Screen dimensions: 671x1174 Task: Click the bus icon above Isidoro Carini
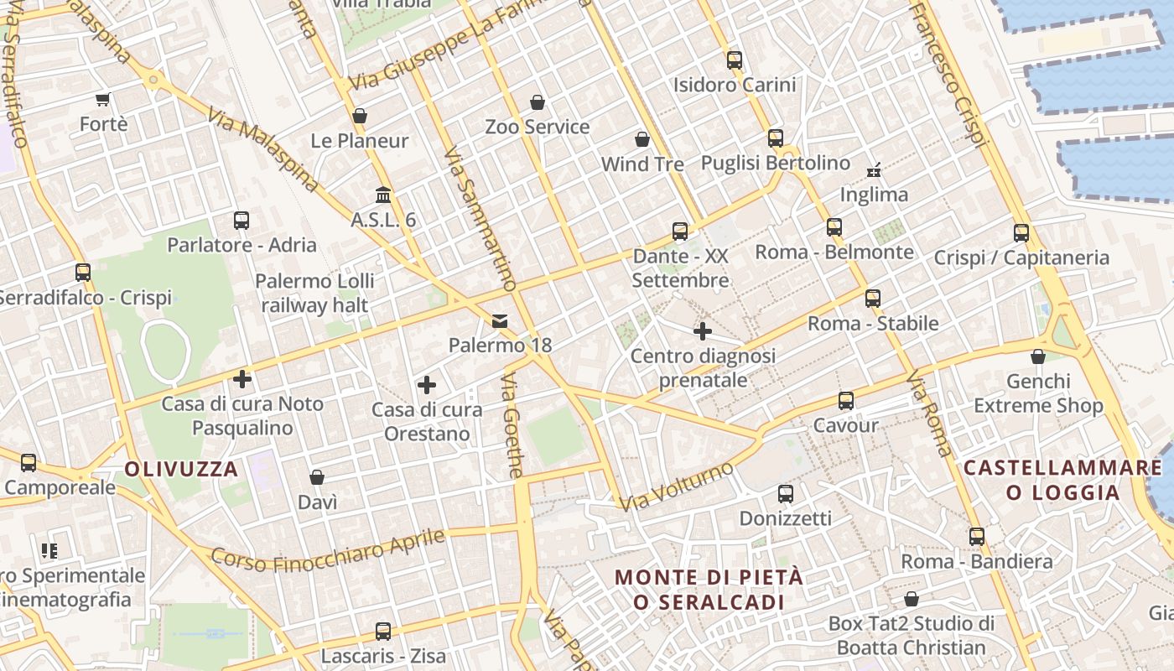tap(735, 60)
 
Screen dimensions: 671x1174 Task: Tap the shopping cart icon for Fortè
tap(103, 100)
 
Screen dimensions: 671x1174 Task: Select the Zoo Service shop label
tap(538, 127)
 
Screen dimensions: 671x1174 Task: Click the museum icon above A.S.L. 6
tap(383, 195)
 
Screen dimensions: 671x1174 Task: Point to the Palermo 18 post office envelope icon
tap(500, 320)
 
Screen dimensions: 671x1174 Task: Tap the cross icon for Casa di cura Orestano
tap(427, 385)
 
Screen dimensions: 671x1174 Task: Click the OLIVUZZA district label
tap(182, 470)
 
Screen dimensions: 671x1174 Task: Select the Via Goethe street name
tap(512, 425)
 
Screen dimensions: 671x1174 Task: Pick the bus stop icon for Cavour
tap(846, 401)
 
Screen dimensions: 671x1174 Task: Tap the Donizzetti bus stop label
tap(785, 518)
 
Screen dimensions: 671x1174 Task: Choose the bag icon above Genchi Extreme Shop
tap(1038, 356)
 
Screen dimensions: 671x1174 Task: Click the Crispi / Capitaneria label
tap(1021, 257)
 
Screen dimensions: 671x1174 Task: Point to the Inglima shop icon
tap(874, 170)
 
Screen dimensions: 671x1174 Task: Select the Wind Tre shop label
tap(642, 164)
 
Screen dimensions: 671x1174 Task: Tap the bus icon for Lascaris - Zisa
tap(383, 631)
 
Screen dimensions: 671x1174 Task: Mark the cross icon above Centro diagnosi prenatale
tap(703, 331)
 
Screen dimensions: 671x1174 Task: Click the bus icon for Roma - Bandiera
tap(977, 537)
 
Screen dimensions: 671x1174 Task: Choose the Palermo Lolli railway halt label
tap(314, 293)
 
